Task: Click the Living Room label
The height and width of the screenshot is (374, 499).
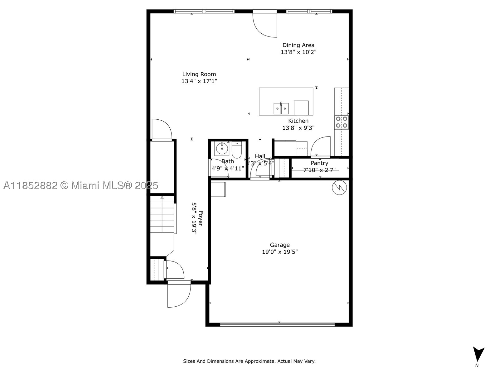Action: tap(199, 74)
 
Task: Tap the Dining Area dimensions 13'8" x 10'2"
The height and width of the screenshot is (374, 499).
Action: tap(298, 52)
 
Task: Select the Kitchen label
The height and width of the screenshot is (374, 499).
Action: tap(298, 121)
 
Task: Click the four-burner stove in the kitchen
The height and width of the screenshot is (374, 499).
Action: tap(341, 122)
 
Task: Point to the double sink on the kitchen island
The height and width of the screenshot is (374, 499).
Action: tap(281, 108)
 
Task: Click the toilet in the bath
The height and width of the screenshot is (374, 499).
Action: tap(237, 150)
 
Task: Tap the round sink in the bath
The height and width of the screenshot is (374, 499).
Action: tap(222, 149)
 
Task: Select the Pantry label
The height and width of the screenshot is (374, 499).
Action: tap(319, 163)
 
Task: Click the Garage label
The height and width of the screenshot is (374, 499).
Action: tap(280, 245)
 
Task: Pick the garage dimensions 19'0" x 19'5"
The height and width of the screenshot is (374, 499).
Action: tap(280, 252)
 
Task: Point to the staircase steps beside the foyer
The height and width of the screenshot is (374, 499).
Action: tap(162, 214)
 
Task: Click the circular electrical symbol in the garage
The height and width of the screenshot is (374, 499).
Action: tap(339, 188)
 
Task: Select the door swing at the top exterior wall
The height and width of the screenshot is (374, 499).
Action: tap(265, 25)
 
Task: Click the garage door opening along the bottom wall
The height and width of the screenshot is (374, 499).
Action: tap(277, 325)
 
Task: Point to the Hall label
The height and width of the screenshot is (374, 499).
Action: tap(260, 156)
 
